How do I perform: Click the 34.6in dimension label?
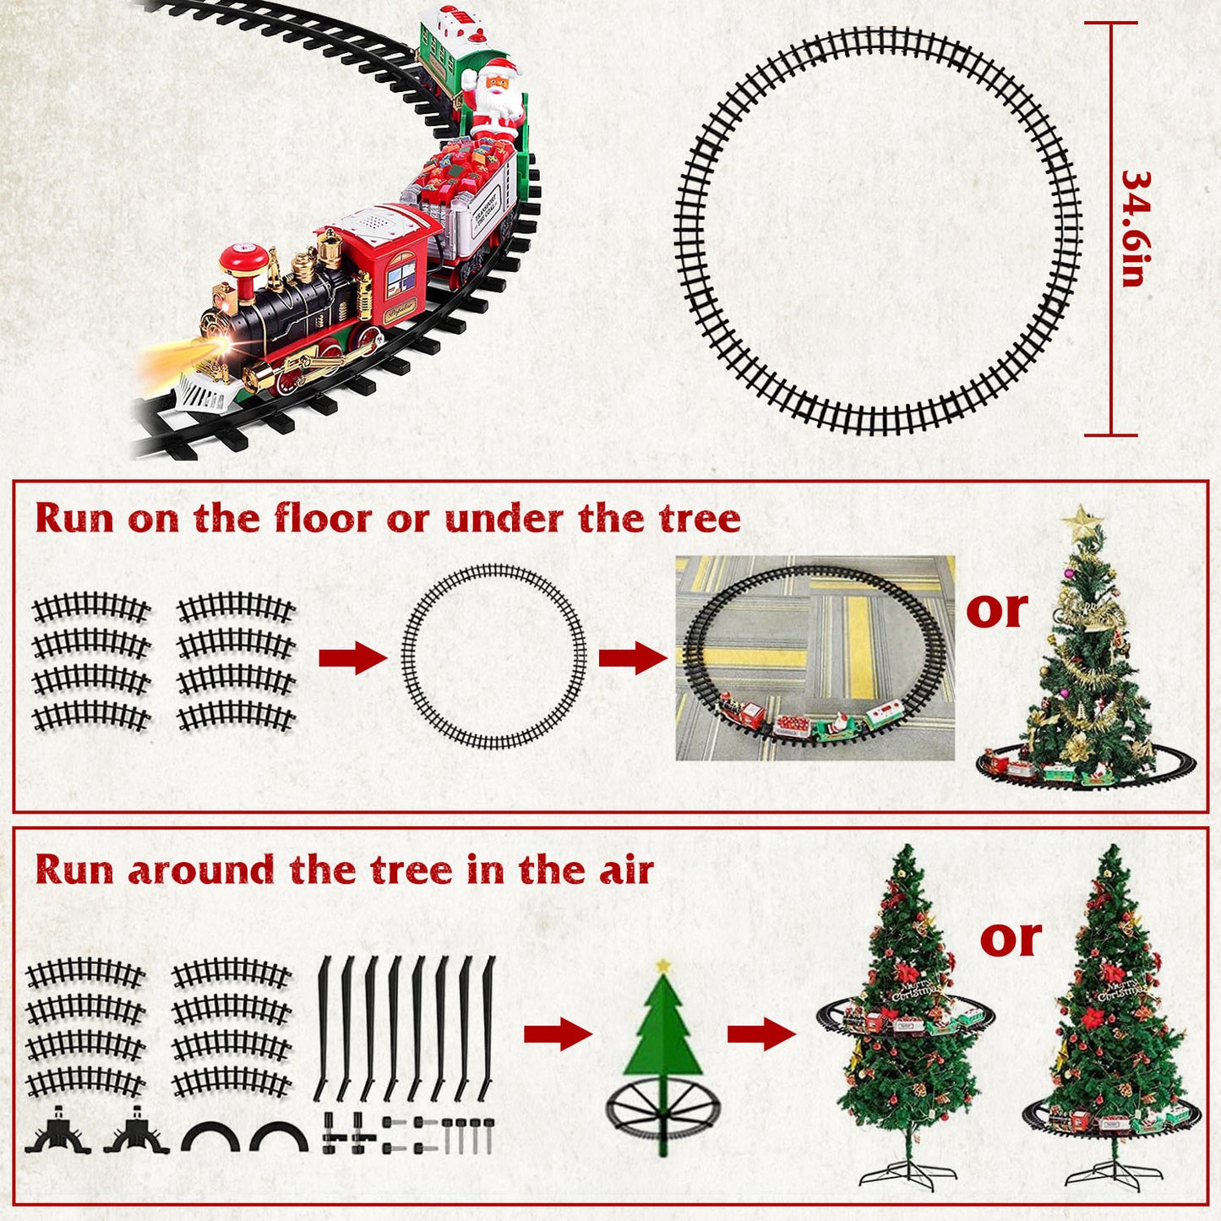coord(1135,229)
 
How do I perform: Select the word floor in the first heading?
coord(322,518)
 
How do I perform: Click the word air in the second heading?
coord(626,869)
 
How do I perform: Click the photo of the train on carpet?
coord(815,657)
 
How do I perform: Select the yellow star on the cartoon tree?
coord(663,965)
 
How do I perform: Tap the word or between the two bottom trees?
coord(1011,937)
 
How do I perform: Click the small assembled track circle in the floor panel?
coord(493,657)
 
